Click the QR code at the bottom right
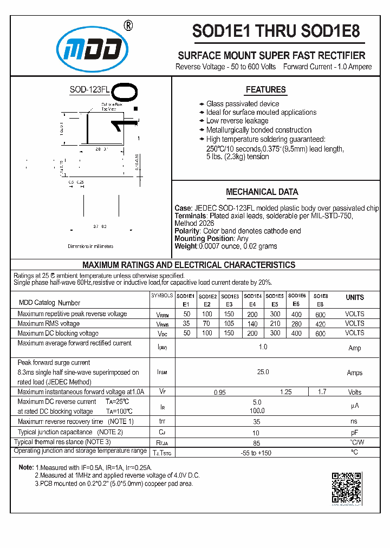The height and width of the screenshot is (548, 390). (346, 488)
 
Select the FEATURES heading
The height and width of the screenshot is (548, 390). (265, 90)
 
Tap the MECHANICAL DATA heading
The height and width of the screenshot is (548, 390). (262, 192)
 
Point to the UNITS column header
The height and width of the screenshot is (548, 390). (355, 297)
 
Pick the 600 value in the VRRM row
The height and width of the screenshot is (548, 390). (320, 315)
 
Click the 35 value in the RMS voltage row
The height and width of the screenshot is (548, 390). (187, 323)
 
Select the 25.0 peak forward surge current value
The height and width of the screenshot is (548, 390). (263, 372)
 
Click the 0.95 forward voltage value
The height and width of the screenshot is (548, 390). (219, 392)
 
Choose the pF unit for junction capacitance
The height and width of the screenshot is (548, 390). (355, 433)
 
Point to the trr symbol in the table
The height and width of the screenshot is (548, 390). (162, 421)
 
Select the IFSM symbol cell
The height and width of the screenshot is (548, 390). (162, 373)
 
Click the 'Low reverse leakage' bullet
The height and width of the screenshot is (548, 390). (237, 121)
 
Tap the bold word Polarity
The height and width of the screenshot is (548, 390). (187, 231)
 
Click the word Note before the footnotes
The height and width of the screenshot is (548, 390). (26, 467)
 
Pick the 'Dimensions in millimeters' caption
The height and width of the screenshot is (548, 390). (90, 246)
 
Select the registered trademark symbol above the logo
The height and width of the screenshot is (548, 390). (128, 25)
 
